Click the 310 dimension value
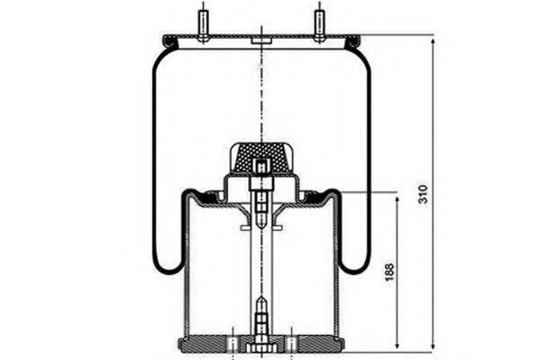click(x=423, y=194)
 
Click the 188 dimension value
click(x=389, y=272)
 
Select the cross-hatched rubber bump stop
click(x=261, y=158)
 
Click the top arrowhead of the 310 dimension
click(x=434, y=41)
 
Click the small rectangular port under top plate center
click(x=261, y=42)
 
